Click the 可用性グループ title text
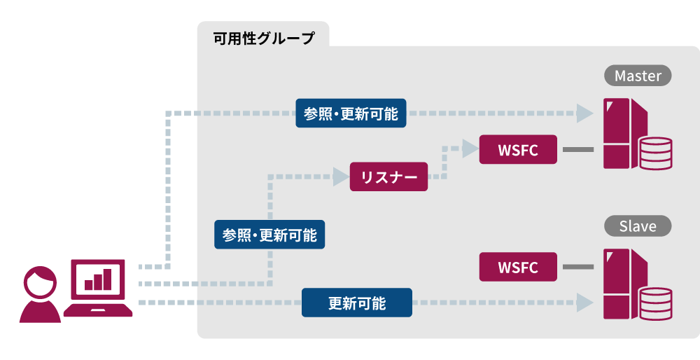click(263, 38)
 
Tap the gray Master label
click(638, 76)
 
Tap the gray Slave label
click(638, 226)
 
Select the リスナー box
click(388, 177)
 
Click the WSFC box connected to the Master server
click(518, 150)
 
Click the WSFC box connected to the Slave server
click(518, 268)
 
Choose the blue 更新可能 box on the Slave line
click(357, 303)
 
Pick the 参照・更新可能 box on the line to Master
click(351, 113)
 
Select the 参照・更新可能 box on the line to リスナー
click(269, 235)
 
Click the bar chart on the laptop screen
click(98, 279)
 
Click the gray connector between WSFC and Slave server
click(578, 268)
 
